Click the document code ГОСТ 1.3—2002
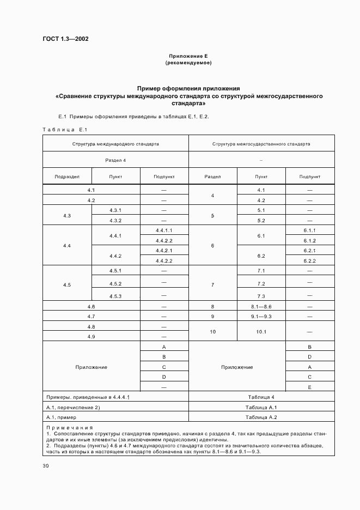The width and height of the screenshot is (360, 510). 65,39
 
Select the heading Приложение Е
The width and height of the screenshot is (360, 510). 188,56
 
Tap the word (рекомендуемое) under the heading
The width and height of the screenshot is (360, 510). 188,63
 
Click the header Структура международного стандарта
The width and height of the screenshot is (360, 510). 115,144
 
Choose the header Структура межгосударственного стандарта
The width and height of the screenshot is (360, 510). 261,144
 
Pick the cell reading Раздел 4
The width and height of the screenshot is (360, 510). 115,160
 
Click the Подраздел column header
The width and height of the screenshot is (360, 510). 67,177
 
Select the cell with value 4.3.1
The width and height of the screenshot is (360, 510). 115,210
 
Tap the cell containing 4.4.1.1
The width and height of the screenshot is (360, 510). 164,230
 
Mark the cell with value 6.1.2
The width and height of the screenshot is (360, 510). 310,241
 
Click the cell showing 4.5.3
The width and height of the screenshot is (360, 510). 115,296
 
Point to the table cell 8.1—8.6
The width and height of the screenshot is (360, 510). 260,307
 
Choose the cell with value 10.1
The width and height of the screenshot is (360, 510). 260,331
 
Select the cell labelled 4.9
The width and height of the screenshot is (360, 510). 91,337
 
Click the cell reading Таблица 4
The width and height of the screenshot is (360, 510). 261,397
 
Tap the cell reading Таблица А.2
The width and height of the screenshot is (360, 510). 261,417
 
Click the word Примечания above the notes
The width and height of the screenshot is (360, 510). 70,428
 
